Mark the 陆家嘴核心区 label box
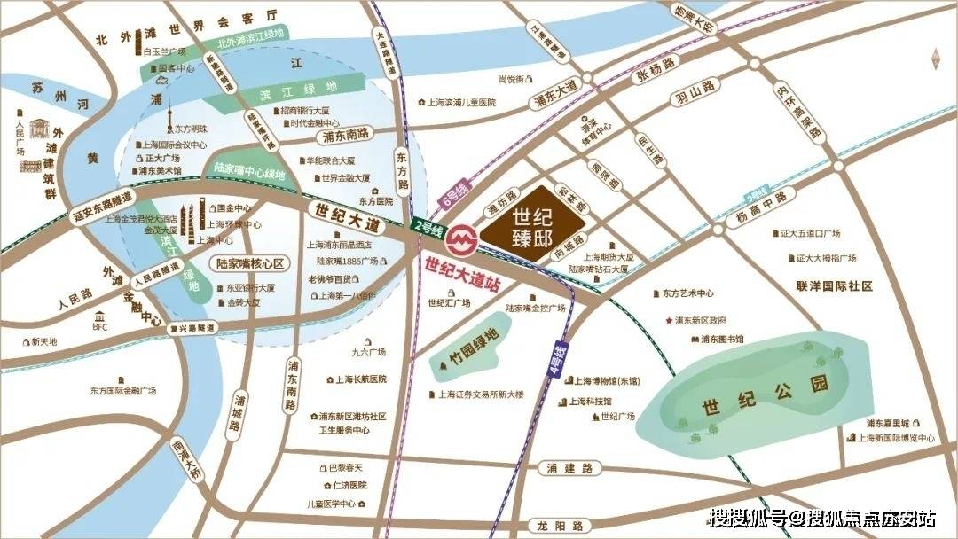pyautogui.click(x=251, y=263)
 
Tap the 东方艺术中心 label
pyautogui.click(x=687, y=293)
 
